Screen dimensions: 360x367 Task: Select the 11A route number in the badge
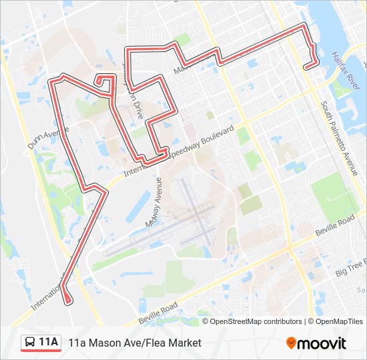49,343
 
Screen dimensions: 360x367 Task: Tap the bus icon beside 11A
31,343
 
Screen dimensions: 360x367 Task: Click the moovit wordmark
322,343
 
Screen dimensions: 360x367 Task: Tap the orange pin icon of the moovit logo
291,343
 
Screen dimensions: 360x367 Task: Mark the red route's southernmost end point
68,303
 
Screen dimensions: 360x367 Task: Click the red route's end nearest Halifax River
306,67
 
